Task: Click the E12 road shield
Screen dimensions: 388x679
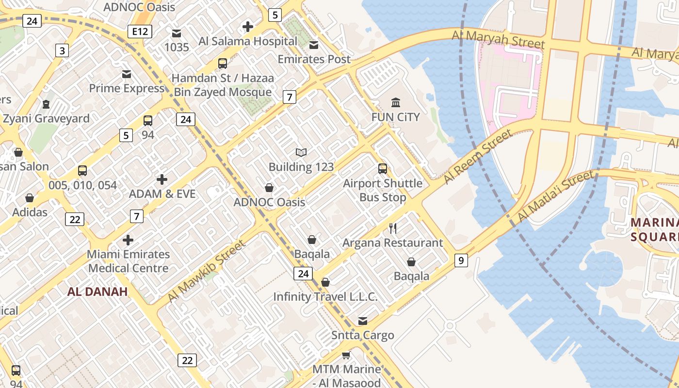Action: (140, 32)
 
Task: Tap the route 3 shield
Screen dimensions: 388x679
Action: (62, 50)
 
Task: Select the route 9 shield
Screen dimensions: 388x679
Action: (461, 260)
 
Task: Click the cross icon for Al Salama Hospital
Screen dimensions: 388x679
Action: (248, 27)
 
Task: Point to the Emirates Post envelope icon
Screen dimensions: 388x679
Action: (314, 45)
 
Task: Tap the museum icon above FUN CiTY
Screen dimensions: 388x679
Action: (396, 102)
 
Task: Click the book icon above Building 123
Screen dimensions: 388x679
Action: (301, 152)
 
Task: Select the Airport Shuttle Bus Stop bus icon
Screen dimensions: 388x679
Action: (383, 169)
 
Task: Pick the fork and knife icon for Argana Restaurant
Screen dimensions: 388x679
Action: (393, 228)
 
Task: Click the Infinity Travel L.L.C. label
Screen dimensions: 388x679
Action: (325, 297)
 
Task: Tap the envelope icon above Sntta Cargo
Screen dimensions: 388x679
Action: (363, 321)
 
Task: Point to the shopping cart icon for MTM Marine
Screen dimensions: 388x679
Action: (346, 355)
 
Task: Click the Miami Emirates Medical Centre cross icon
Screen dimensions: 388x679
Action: (128, 240)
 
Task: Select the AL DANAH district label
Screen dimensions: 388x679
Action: (97, 291)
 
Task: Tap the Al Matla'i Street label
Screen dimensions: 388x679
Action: (556, 196)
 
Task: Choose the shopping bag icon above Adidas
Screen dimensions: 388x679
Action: (30, 198)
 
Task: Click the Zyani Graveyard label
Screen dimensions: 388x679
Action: (46, 119)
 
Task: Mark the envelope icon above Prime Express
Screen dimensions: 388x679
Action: (127, 74)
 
